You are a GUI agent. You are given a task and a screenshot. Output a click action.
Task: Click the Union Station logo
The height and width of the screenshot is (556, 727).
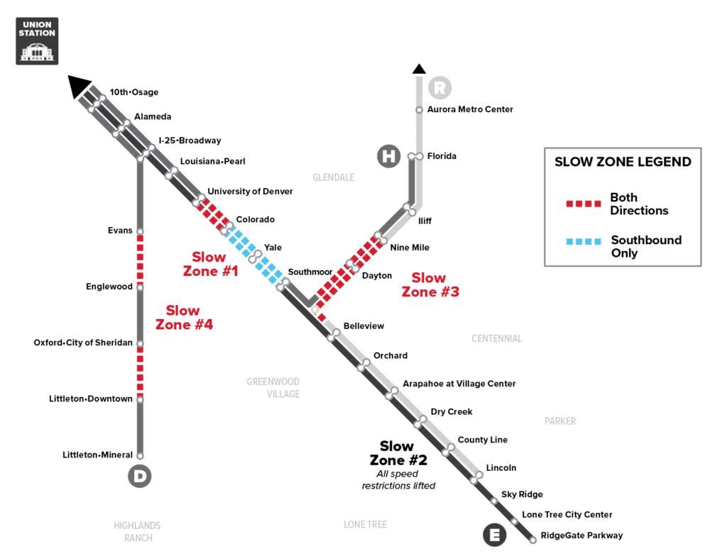click(37, 41)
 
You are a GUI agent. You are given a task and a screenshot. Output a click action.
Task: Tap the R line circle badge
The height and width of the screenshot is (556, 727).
click(439, 87)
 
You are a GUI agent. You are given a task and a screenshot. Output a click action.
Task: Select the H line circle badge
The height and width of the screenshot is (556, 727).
click(388, 156)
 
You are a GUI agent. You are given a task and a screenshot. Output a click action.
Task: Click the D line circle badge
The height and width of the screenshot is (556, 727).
click(140, 476)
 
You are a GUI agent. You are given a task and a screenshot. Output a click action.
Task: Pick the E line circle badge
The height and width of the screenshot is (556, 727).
click(495, 535)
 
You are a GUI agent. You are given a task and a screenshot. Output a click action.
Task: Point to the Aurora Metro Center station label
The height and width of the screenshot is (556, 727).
click(470, 109)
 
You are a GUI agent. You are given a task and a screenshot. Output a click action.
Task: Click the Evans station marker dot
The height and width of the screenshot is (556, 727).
click(140, 231)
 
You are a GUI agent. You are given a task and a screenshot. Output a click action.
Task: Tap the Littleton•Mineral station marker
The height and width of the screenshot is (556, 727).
click(140, 455)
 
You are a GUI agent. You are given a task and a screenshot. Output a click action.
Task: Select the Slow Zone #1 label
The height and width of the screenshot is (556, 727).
click(210, 264)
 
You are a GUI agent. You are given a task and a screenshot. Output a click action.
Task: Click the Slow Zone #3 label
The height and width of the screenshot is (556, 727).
click(430, 284)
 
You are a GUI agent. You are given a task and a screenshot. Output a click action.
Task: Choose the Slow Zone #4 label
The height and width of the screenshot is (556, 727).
click(184, 318)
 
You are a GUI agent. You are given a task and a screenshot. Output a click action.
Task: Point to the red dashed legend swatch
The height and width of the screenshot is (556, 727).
click(584, 204)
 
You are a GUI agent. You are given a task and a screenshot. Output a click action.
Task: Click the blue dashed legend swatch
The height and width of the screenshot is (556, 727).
click(584, 241)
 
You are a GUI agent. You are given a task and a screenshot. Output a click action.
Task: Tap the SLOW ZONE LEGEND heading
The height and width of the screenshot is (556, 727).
click(623, 162)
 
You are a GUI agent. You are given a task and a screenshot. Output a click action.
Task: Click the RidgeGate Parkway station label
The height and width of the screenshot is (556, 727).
click(581, 535)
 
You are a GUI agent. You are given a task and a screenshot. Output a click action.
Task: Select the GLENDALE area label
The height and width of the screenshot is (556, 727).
click(334, 177)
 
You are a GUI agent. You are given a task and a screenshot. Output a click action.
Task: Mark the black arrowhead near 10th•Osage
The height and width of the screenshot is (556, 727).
click(78, 86)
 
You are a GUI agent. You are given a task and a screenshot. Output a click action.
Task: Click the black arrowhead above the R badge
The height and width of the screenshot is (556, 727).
click(419, 69)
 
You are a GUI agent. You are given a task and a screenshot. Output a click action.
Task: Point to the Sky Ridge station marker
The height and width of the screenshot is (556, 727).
click(494, 501)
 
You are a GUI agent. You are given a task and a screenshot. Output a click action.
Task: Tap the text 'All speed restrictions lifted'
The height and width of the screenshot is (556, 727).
click(399, 479)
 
